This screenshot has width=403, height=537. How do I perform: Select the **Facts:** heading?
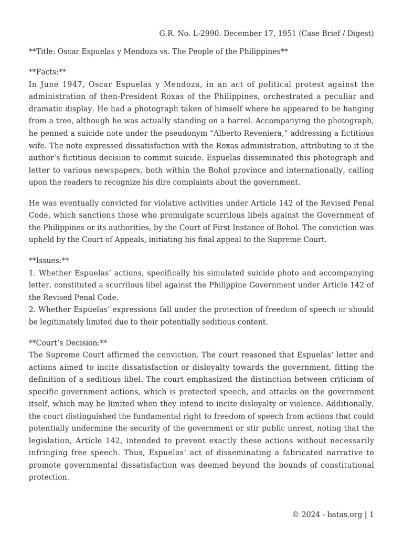point(47,71)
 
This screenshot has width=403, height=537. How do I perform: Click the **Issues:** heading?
point(49,261)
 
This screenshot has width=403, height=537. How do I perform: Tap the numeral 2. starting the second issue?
point(32,309)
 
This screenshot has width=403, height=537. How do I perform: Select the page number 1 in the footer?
point(372,514)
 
